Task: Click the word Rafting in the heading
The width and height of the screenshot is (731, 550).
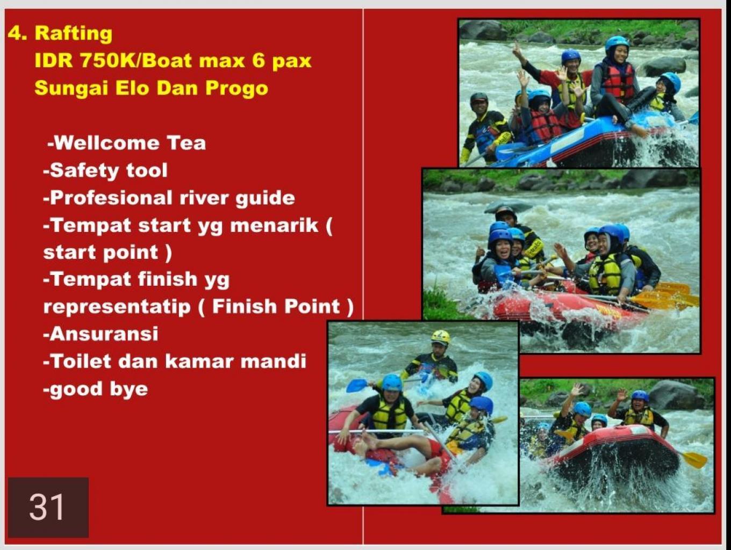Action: [74, 34]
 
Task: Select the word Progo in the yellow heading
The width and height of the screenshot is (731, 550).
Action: [236, 89]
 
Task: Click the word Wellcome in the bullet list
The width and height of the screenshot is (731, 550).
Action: [106, 143]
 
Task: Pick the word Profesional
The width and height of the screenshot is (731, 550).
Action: [111, 198]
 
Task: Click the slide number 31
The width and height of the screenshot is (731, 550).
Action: [47, 507]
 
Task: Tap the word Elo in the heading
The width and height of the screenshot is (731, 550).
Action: [132, 88]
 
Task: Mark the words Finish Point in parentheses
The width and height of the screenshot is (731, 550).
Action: [276, 307]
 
